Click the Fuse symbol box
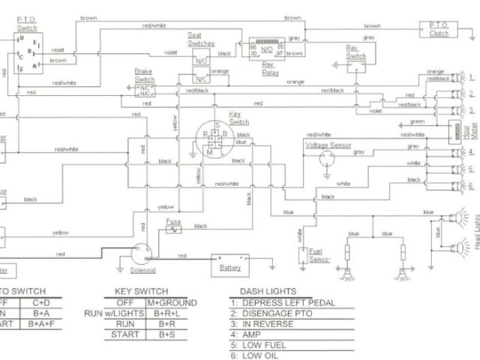coord(173,229)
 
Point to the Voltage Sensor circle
coord(325,158)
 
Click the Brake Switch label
coord(143,74)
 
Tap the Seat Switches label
coord(201,39)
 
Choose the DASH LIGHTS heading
coord(268,291)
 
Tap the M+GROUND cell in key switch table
coord(172,302)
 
